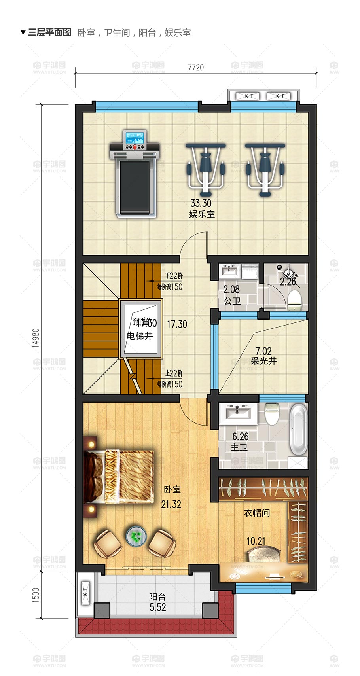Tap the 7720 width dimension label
click(x=196, y=67)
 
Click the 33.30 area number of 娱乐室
click(x=201, y=203)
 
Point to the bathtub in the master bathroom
click(x=298, y=429)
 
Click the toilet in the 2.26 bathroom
click(x=294, y=301)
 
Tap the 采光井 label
click(x=263, y=361)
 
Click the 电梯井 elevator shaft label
click(x=140, y=336)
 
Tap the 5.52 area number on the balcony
click(x=157, y=608)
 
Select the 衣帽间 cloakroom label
click(x=257, y=513)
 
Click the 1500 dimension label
click(x=36, y=595)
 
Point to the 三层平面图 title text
click(x=49, y=32)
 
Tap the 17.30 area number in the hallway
click(x=177, y=324)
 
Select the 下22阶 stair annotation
click(x=174, y=276)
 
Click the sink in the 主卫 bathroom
click(x=237, y=413)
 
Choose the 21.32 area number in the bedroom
click(x=171, y=504)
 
